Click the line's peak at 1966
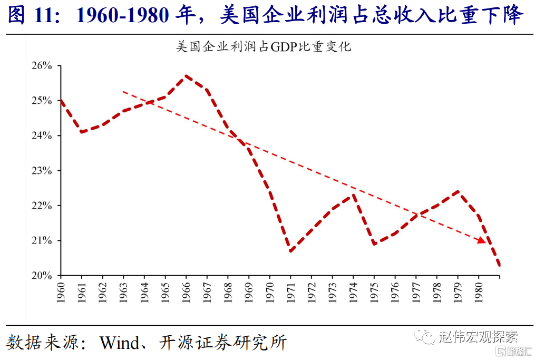pos(186,76)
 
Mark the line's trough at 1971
pos(290,250)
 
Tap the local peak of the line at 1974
pos(353,194)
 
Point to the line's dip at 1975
pos(374,244)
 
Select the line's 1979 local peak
pos(458,191)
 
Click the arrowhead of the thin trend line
pos(481,241)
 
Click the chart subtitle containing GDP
pos(264,46)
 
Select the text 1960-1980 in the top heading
pos(123,16)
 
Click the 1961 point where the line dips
pos(82,132)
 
